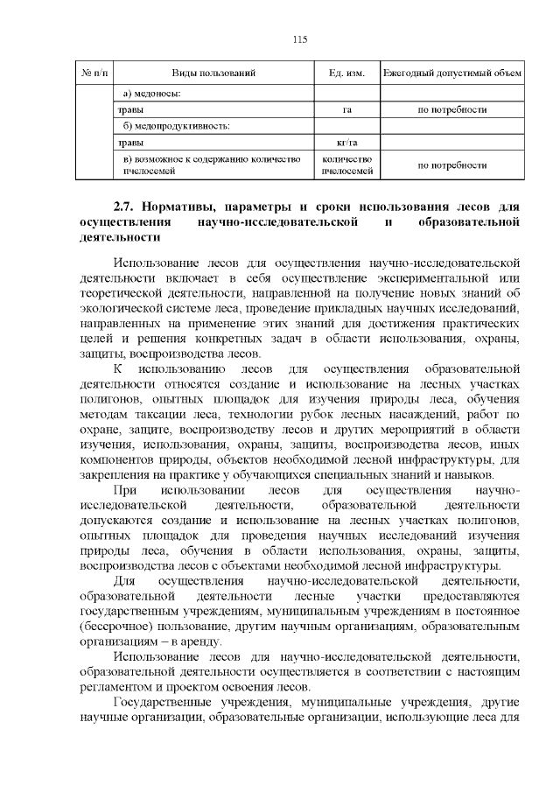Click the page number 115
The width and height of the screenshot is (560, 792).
[299, 39]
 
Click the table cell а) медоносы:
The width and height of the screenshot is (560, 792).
[153, 94]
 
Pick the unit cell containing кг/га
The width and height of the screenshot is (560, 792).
[346, 144]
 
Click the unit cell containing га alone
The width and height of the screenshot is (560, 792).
[346, 110]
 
